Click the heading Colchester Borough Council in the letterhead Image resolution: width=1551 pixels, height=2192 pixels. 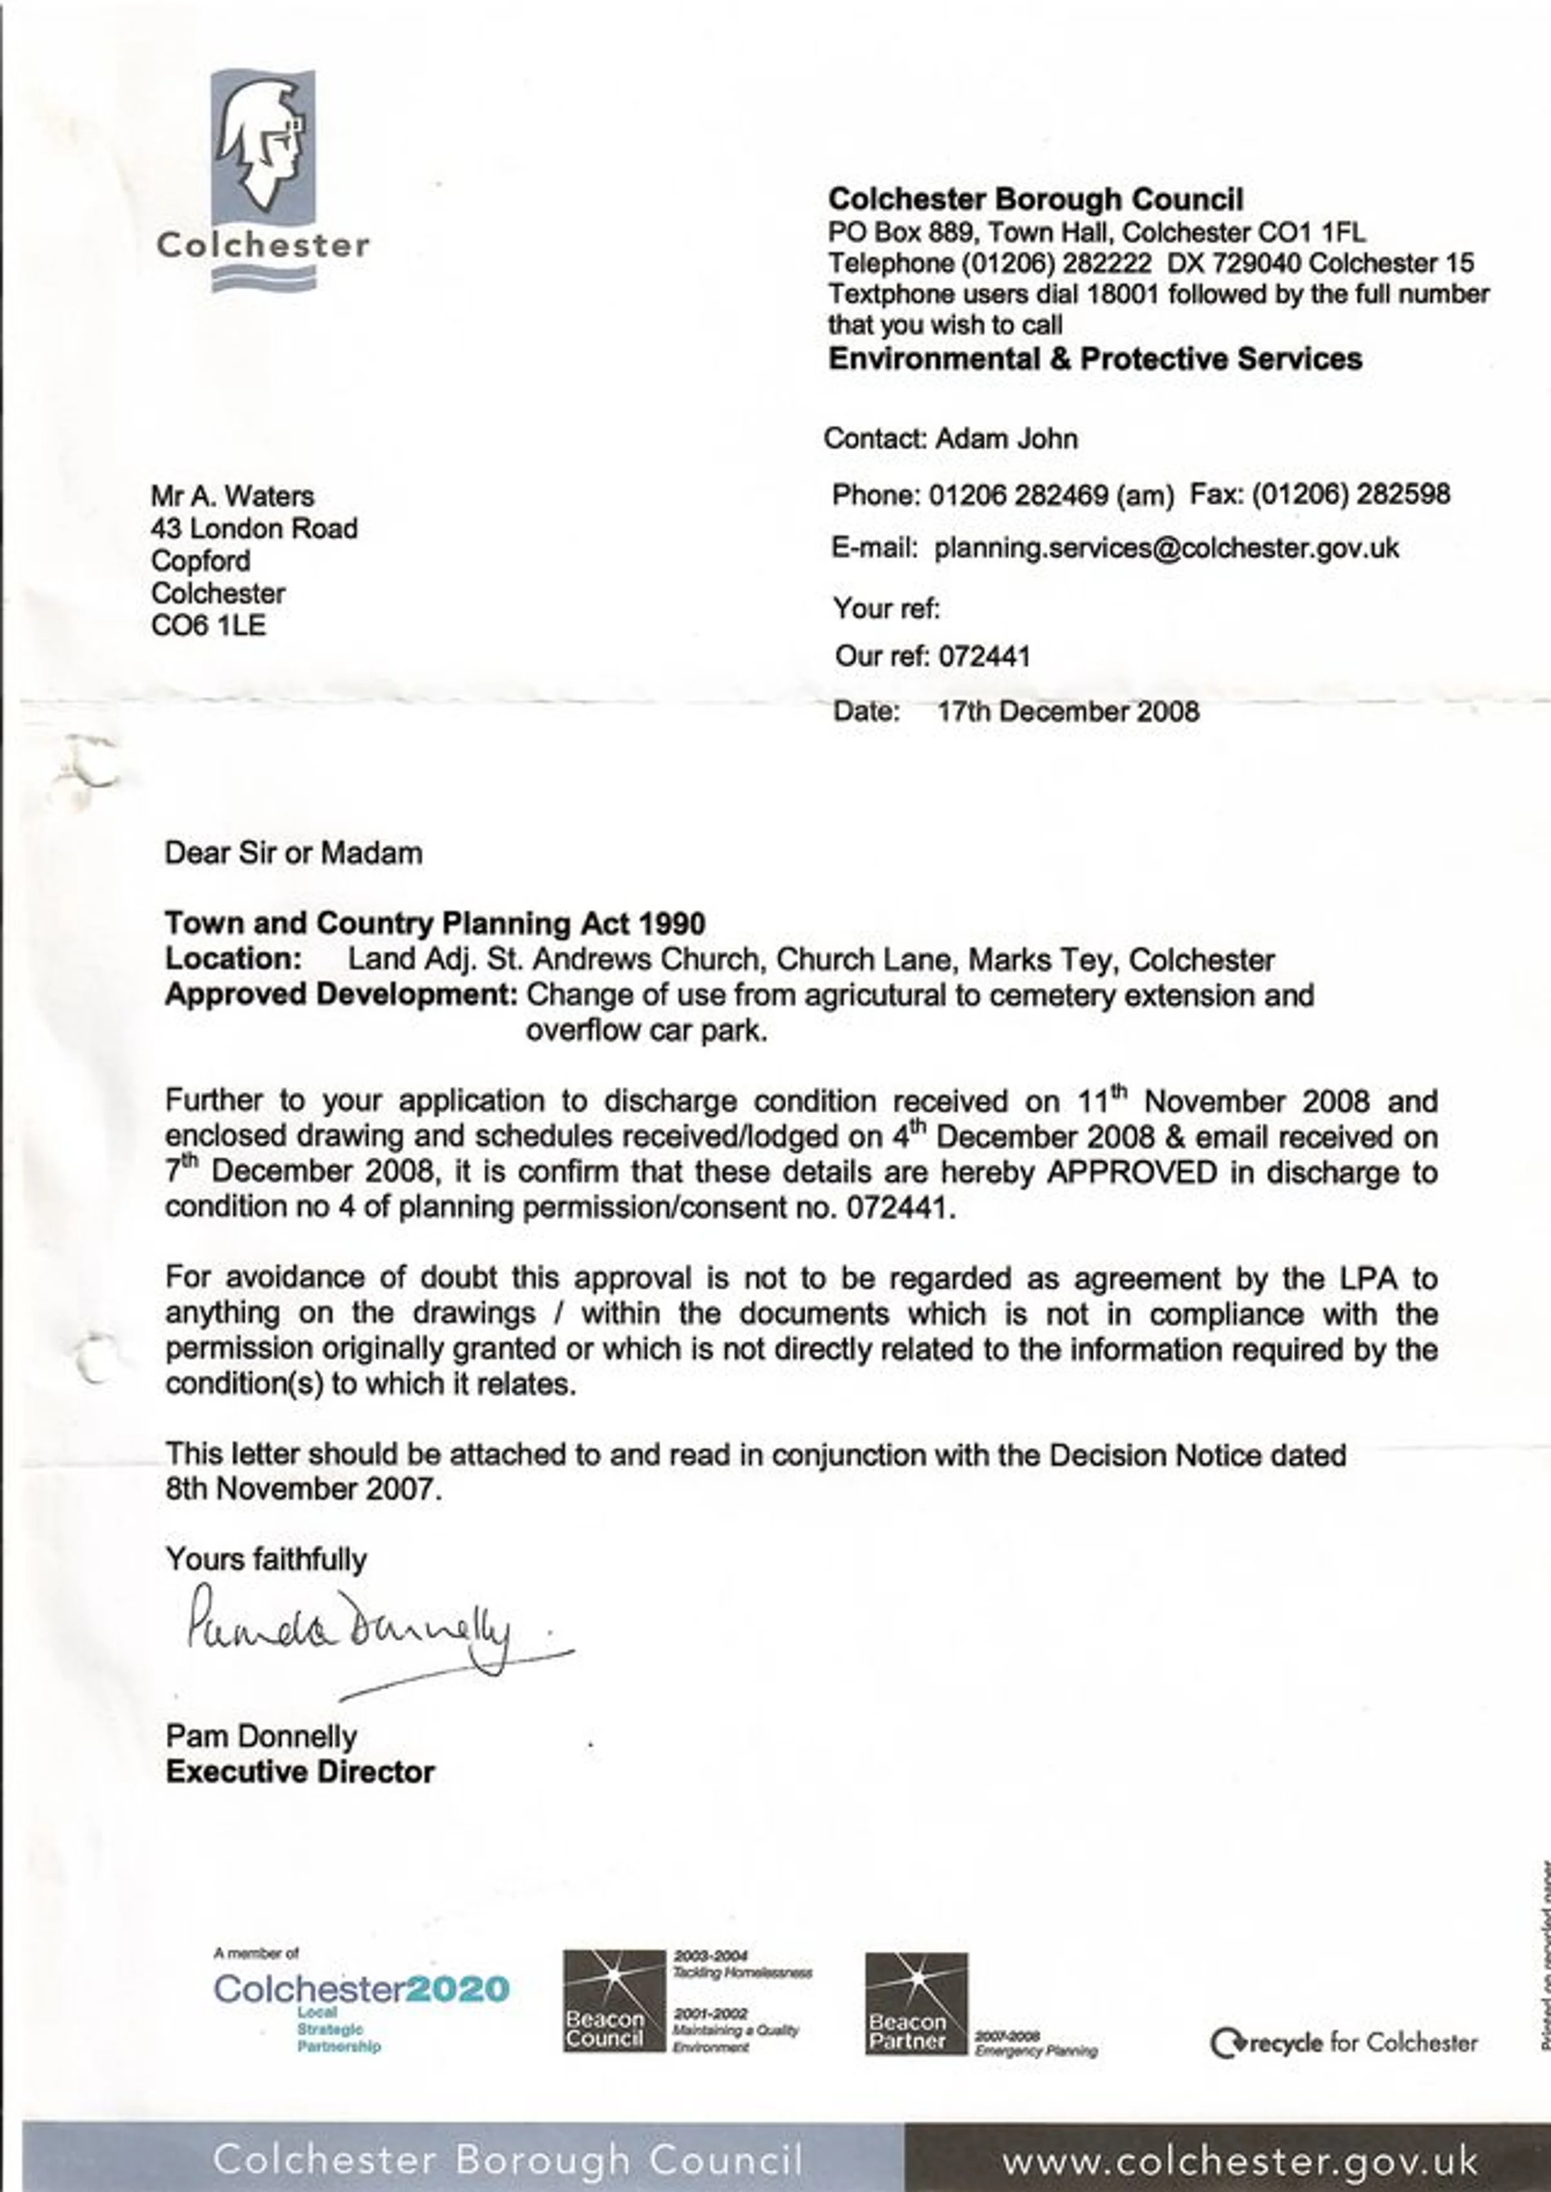coord(1035,200)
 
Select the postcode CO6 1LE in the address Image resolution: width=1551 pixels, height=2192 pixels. coord(208,626)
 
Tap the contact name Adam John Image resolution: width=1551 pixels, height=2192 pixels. coord(1006,439)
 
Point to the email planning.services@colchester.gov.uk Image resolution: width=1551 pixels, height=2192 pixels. coord(1166,548)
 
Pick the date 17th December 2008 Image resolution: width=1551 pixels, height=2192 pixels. coord(1068,711)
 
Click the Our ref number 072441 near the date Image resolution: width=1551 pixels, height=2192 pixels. coord(984,656)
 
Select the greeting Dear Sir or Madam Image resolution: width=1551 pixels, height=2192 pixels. coord(293,853)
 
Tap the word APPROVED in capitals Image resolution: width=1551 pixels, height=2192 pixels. coord(1132,1172)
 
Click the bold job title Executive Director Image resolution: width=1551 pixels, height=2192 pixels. coord(300,1772)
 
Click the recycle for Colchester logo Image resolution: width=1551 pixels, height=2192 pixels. coord(1343,2043)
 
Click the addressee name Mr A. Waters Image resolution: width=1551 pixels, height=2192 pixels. coord(232,497)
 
